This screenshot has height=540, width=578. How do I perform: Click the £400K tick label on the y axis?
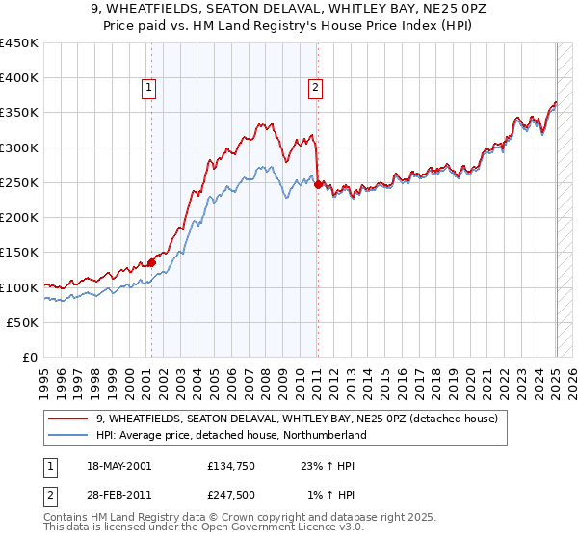19,78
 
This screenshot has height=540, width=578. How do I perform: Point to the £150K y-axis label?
19,253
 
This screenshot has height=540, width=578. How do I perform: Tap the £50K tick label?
23,323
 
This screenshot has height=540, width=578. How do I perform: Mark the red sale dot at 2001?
151,262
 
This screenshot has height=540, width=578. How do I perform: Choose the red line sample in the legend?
70,418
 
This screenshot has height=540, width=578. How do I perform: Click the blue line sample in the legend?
70,435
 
